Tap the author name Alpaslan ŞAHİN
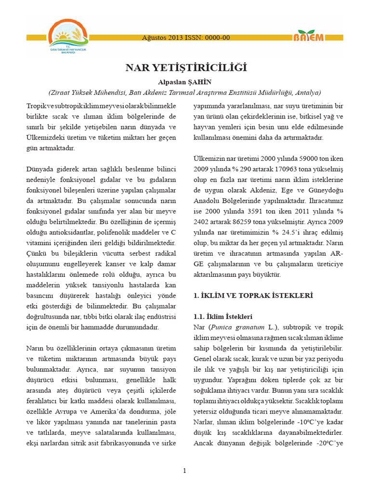(185, 82)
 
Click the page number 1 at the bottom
(185, 470)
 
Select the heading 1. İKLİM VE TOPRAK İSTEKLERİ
(253, 295)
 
